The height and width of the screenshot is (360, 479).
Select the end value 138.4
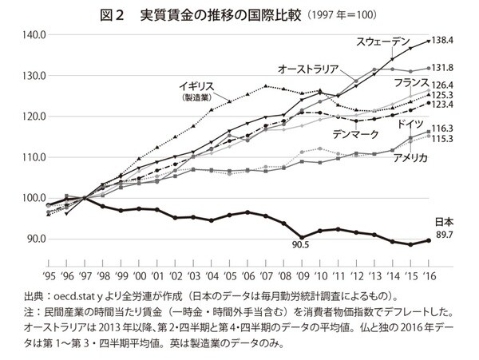tap(452, 40)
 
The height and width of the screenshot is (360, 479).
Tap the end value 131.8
tap(453, 69)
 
